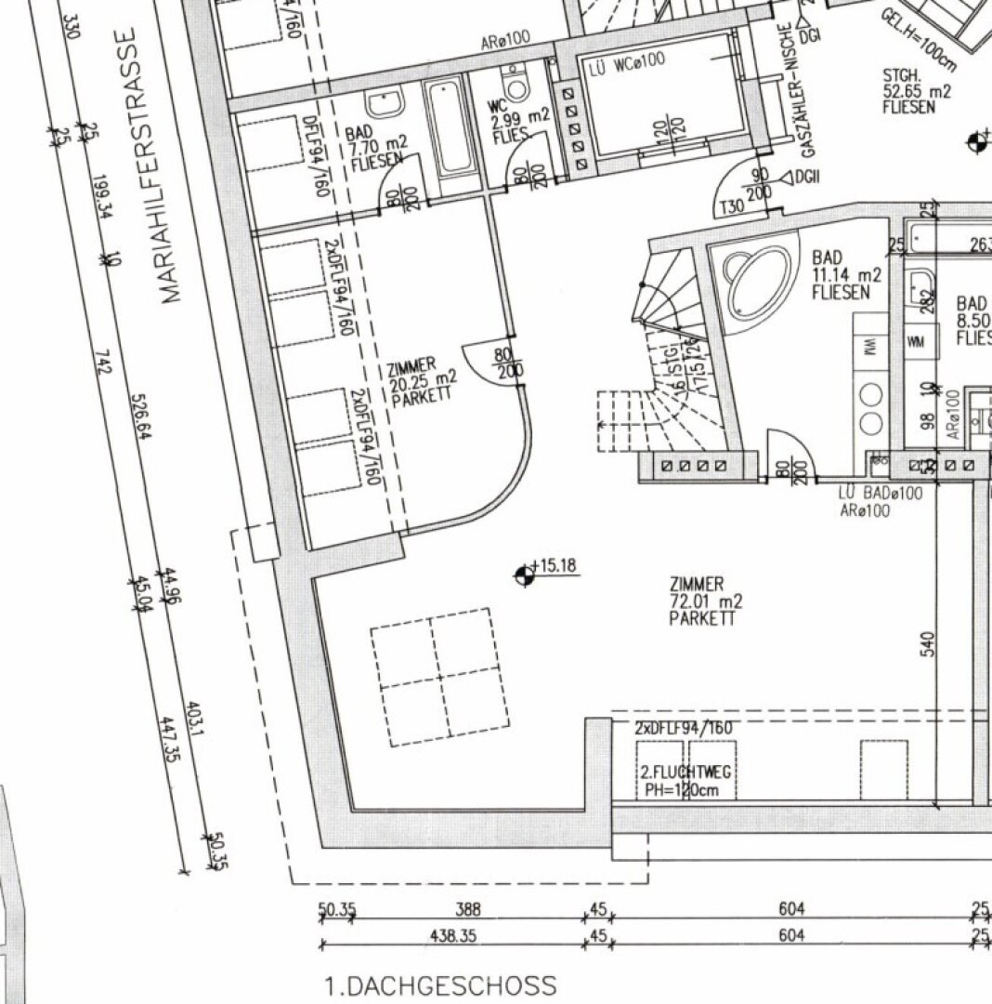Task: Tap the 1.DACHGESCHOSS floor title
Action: tap(440, 985)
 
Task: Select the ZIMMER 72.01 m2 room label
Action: tap(705, 601)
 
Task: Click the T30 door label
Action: tap(731, 207)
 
